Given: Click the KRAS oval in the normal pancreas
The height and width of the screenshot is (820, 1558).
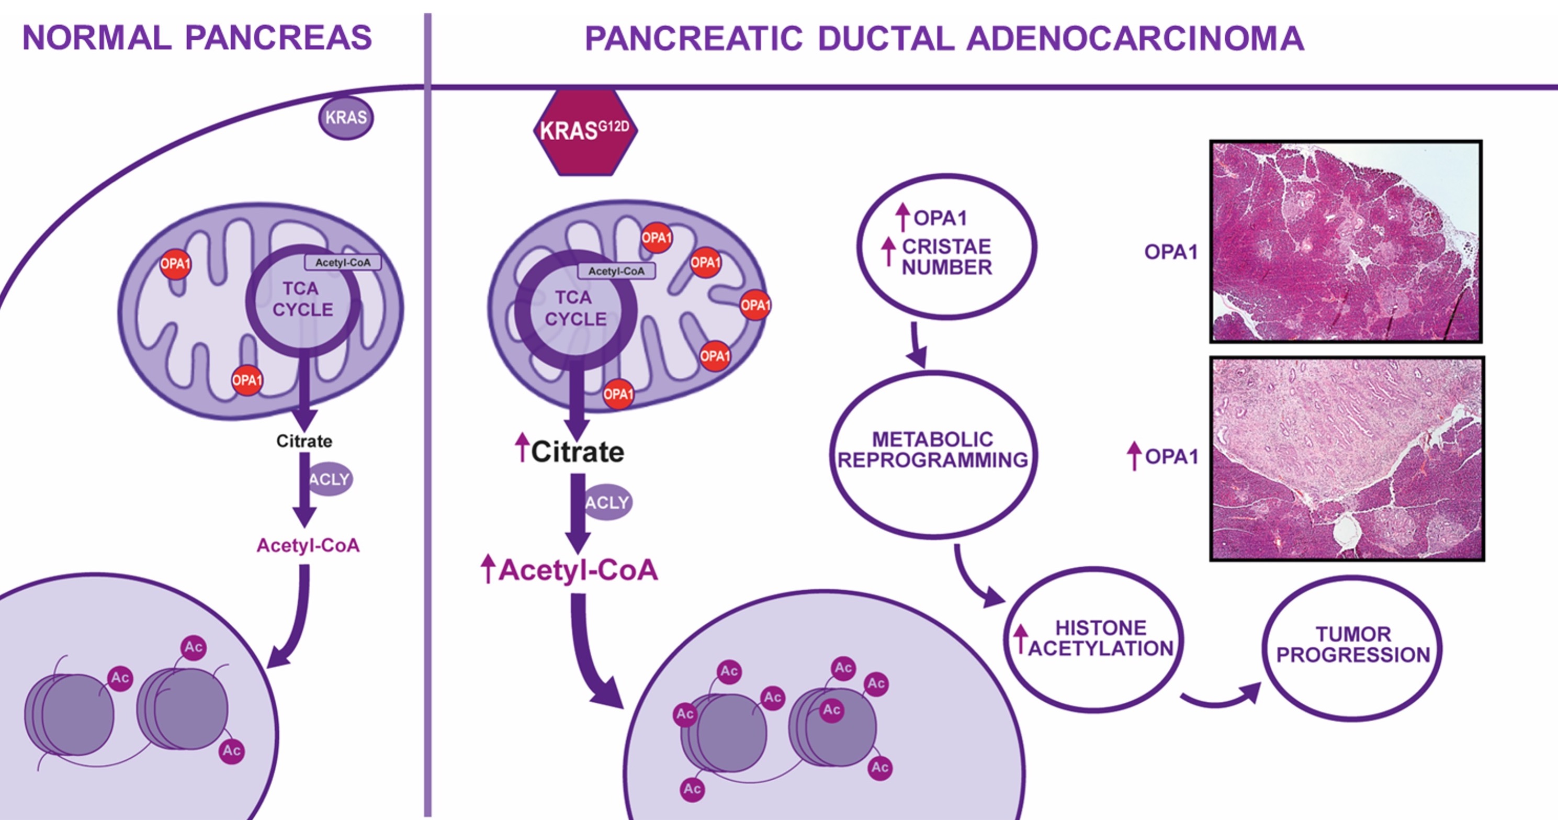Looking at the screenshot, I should point(346,117).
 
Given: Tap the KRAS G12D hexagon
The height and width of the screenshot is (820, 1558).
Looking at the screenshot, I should point(585,131).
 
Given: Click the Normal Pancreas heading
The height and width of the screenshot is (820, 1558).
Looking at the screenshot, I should point(197,38).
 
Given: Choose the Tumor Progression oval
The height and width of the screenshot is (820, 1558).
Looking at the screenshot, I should point(1352,647).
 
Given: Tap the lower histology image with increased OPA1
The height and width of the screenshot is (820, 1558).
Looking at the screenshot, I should point(1347,459).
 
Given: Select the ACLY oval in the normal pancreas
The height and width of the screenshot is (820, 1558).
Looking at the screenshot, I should point(330,479).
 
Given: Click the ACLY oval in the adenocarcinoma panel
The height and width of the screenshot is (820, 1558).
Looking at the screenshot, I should point(607,502).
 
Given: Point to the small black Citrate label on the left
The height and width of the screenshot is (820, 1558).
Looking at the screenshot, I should point(304,441).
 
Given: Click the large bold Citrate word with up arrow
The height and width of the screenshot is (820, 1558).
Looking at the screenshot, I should point(577,452).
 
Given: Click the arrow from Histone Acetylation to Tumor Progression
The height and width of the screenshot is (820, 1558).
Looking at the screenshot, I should point(1218,699).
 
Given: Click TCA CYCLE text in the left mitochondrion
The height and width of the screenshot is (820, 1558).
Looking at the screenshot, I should point(302,299).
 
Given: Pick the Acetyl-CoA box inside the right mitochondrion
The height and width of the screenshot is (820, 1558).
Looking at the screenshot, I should point(616,271).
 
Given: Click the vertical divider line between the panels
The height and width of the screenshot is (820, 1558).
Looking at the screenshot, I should point(427,424).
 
